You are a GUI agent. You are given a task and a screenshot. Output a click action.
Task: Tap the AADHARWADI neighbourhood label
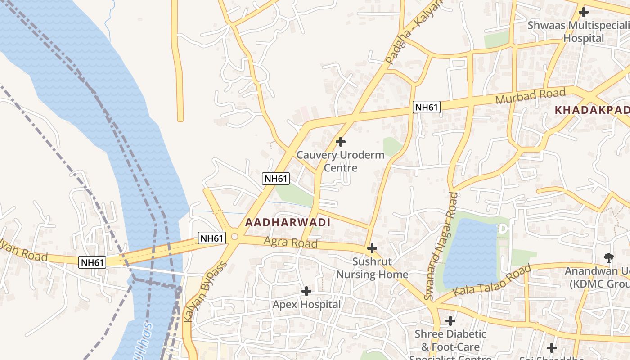pyautogui.click(x=288, y=222)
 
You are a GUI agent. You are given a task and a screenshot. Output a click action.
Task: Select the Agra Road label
pyautogui.click(x=291, y=243)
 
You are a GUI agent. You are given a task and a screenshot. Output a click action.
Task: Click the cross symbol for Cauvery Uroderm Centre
pyautogui.click(x=341, y=142)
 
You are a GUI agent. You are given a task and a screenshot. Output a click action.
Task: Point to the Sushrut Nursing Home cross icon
pyautogui.click(x=372, y=248)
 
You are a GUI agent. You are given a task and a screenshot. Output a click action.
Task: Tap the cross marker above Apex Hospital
pyautogui.click(x=306, y=291)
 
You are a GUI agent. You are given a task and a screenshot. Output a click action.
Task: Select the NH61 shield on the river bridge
pyautogui.click(x=92, y=262)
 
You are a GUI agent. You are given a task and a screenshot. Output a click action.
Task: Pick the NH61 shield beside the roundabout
pyautogui.click(x=212, y=238)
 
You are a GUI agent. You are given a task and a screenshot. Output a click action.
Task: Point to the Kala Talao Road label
pyautogui.click(x=492, y=281)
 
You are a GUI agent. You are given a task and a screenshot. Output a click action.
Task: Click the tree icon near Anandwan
pyautogui.click(x=609, y=258)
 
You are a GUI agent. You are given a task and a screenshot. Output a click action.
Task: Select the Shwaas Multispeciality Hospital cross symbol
pyautogui.click(x=584, y=12)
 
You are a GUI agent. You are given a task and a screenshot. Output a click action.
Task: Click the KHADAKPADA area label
pyautogui.click(x=592, y=110)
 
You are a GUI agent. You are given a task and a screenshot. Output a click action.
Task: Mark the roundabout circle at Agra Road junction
pyautogui.click(x=234, y=236)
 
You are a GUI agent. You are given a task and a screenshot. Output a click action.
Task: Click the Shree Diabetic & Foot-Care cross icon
pyautogui.click(x=450, y=321)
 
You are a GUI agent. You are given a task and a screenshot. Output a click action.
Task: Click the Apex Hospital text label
pyautogui.click(x=306, y=305)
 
